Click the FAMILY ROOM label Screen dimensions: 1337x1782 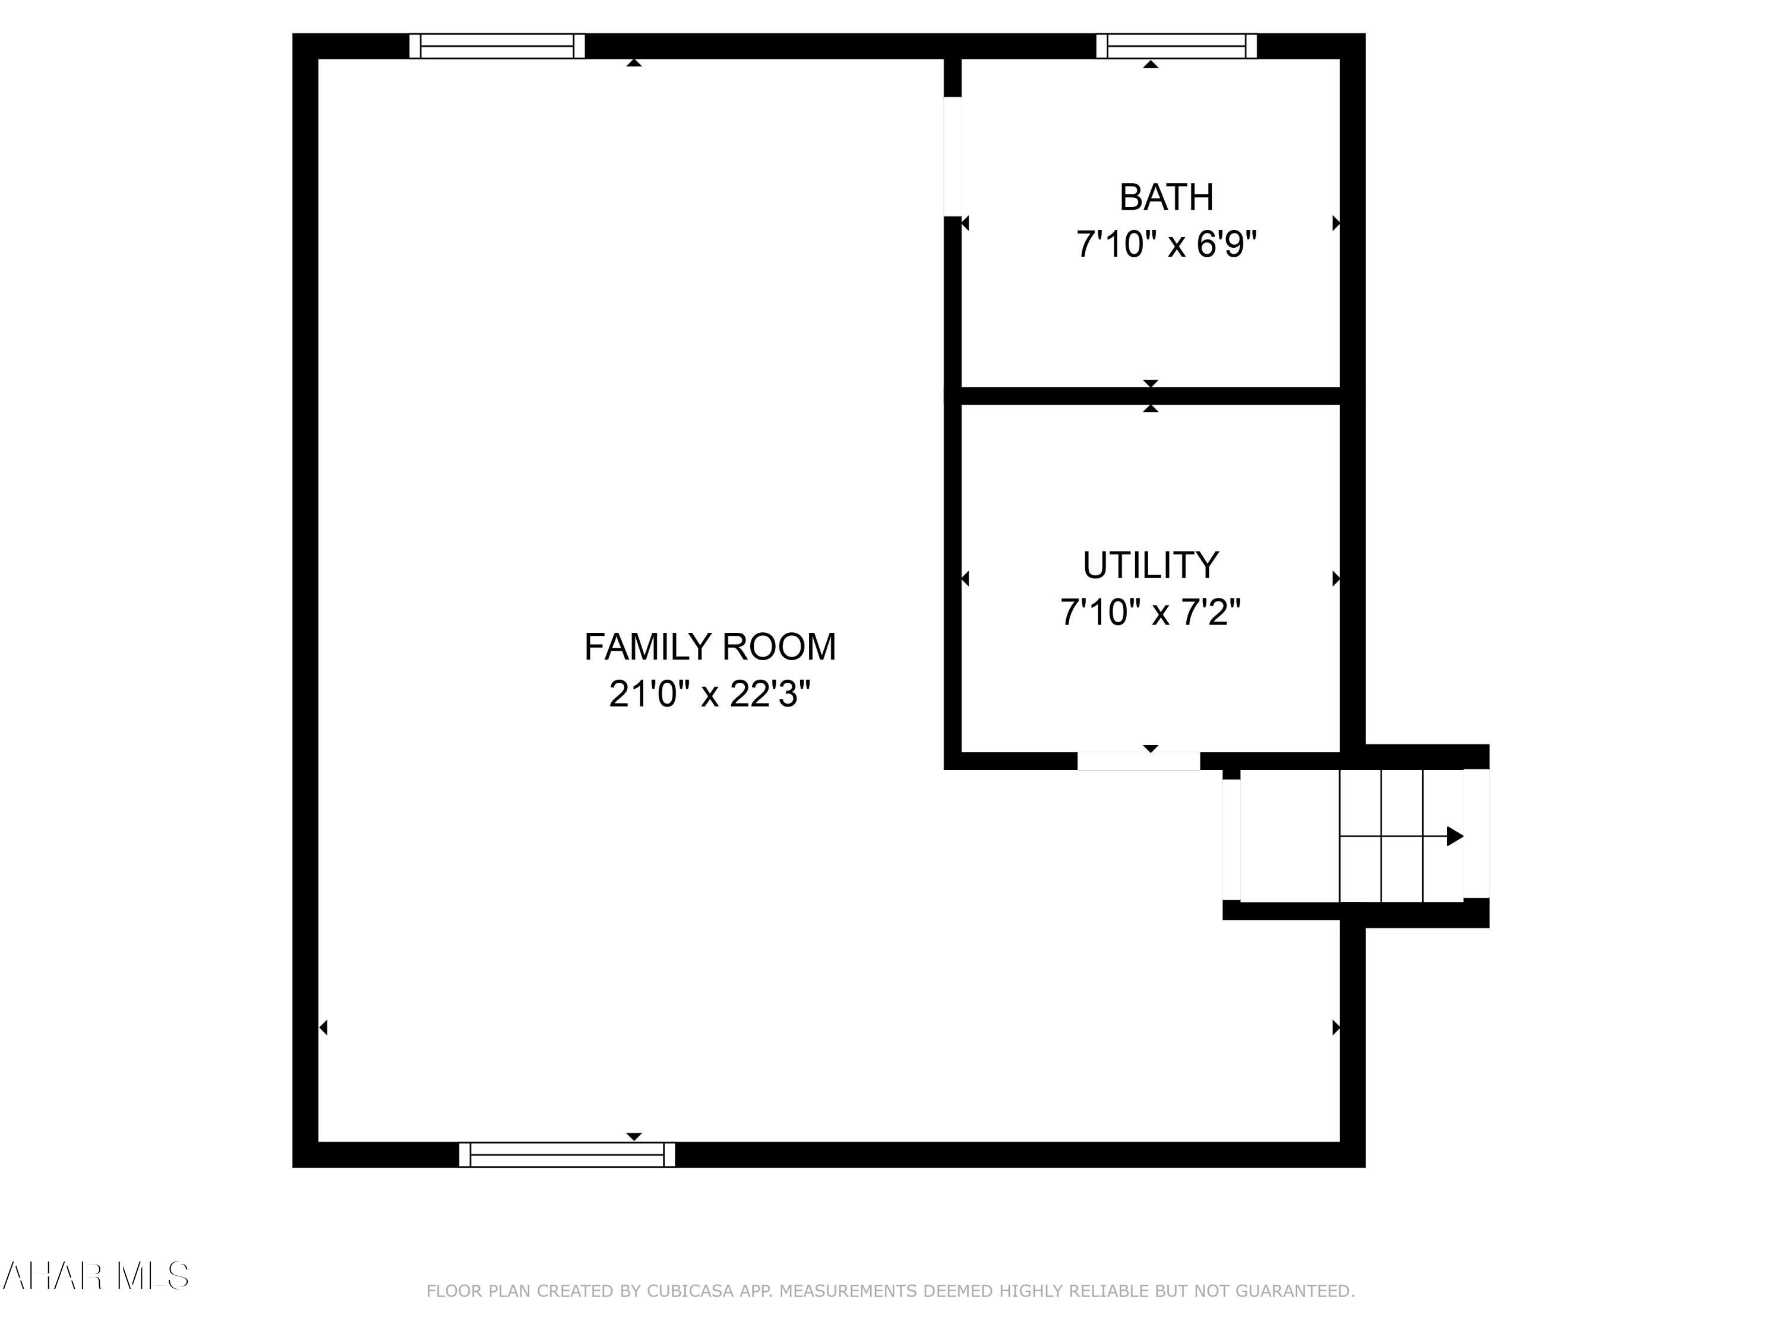[710, 647]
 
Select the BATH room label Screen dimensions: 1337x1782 [1167, 197]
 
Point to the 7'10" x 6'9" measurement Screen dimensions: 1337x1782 [1167, 244]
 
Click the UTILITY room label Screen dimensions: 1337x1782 [1151, 566]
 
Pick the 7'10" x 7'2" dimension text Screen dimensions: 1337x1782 [1151, 613]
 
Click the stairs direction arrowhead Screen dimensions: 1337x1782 [1454, 837]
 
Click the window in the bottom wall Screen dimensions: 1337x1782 [567, 1154]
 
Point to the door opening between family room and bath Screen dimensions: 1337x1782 [952, 156]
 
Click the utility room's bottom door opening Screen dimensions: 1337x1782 [1138, 761]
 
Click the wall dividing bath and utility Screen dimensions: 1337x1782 [1151, 396]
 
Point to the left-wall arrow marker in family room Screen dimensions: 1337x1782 [323, 1027]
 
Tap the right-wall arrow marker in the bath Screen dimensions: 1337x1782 [1336, 223]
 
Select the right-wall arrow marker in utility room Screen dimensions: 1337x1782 [1336, 579]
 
